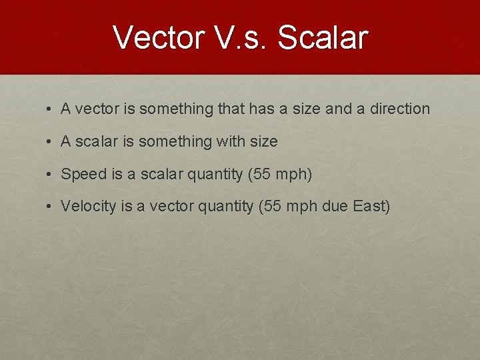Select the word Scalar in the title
pyautogui.click(x=323, y=37)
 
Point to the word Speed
pyautogui.click(x=83, y=175)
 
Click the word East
pyautogui.click(x=371, y=206)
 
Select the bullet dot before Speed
pyautogui.click(x=50, y=175)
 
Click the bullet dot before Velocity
pyautogui.click(x=50, y=207)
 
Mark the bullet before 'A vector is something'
pyautogui.click(x=50, y=109)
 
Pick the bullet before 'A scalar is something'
pyautogui.click(x=50, y=142)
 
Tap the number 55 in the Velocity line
pyautogui.click(x=272, y=206)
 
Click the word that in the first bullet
pyautogui.click(x=231, y=109)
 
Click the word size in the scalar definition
pyautogui.click(x=263, y=141)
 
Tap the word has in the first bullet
pyautogui.click(x=261, y=109)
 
